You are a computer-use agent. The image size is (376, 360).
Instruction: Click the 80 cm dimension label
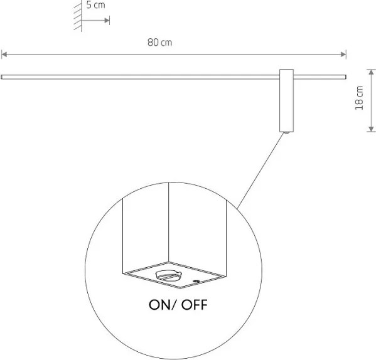point(159,43)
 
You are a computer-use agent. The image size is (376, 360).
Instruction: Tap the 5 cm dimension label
point(95,5)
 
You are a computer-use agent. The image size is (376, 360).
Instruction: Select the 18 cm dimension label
point(359,98)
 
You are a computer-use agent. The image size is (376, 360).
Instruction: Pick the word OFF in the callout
point(194,305)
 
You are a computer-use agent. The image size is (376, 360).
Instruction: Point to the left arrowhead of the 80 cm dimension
point(4,55)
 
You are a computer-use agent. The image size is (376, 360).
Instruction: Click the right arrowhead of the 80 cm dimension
point(343,55)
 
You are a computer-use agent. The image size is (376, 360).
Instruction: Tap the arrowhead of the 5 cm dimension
point(107,20)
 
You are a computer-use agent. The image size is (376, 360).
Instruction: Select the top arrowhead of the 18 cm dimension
point(371,72)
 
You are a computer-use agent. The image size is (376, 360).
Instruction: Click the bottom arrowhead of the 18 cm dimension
point(371,129)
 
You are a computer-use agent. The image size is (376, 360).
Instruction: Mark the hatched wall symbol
point(78,16)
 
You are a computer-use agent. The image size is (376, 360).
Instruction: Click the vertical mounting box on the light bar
point(286,100)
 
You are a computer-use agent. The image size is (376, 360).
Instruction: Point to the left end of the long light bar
point(1,77)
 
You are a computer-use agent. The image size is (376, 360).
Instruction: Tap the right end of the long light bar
point(345,77)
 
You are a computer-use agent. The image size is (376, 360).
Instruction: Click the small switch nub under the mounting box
point(286,132)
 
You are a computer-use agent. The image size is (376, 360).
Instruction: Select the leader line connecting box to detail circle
point(261,171)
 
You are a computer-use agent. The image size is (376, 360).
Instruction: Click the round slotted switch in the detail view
point(167,275)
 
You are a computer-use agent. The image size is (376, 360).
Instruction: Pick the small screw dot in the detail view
point(196,281)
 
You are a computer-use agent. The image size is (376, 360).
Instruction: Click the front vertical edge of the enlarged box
point(169,222)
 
